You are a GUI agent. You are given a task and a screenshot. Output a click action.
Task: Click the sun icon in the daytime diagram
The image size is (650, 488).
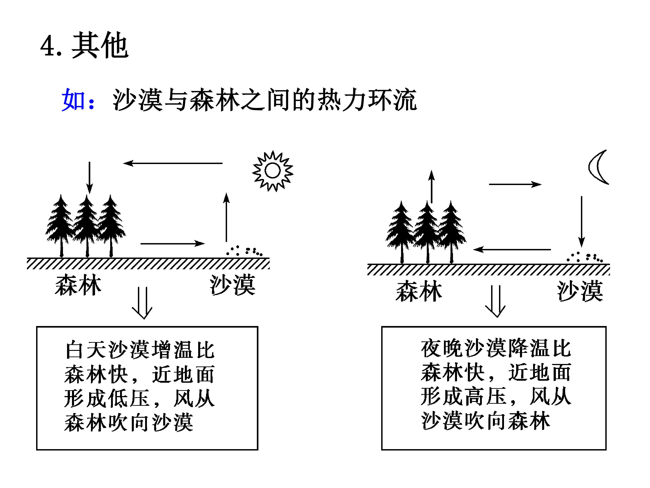pos(273,171)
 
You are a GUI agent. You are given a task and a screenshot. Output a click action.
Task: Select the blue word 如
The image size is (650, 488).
pos(73,100)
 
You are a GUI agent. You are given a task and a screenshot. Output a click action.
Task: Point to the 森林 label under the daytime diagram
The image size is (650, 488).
pos(78,285)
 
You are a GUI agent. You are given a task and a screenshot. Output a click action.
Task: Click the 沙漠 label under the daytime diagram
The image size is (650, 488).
pos(232,285)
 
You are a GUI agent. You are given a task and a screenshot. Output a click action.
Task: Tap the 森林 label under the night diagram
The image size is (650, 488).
pos(419,291)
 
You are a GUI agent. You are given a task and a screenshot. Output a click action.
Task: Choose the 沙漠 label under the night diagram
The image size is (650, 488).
pos(580,291)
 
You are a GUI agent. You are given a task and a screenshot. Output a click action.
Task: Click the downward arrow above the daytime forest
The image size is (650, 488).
pos(90,178)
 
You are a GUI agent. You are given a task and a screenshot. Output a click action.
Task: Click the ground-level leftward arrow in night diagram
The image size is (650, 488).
pos(512,249)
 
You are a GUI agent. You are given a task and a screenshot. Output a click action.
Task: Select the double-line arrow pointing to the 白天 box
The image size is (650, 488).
pos(142,303)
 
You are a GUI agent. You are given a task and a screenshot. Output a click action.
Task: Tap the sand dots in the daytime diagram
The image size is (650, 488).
pos(244,251)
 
